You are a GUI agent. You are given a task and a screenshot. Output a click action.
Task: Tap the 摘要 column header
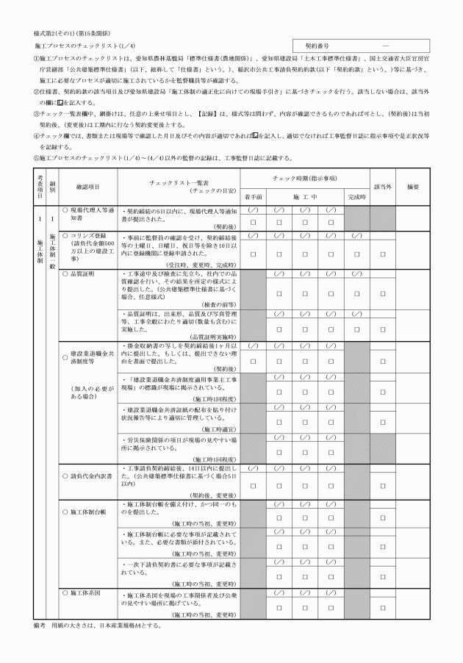[412, 187]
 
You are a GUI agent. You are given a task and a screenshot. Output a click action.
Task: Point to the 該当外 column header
[382, 187]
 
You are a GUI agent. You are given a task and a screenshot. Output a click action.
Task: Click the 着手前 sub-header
[254, 197]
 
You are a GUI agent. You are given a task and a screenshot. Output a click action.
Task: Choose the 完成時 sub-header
[356, 197]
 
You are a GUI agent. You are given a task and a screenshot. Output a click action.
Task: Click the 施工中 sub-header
[305, 197]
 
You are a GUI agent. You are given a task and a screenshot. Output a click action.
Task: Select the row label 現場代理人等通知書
[88, 213]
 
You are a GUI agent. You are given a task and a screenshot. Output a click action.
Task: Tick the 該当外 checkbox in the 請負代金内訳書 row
[382, 485]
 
